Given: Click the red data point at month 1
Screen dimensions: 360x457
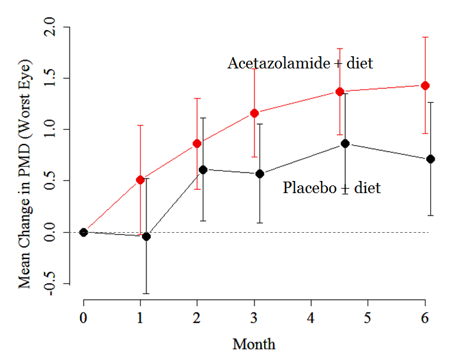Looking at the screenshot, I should coord(141,180).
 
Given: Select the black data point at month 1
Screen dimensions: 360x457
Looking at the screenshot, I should coord(146,237).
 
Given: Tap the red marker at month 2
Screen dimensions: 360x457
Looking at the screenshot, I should coord(198,143).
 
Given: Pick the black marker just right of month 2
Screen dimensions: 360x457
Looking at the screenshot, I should coord(203,169).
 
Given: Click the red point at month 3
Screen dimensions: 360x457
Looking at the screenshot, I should coord(254,113).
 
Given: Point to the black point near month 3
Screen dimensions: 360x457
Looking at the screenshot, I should coord(260,174).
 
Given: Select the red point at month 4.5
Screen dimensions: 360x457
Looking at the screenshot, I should coord(340,91).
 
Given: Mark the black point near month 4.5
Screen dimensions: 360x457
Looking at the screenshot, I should coord(345,143).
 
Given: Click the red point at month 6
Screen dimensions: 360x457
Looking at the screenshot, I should coord(425,86).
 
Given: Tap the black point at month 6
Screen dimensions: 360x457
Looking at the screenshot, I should coord(430,159).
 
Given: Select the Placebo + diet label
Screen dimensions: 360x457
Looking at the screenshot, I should coord(332,188).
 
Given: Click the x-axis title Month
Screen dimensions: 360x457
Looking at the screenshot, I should coord(254,345).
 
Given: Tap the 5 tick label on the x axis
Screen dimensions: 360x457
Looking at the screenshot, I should coord(368,318).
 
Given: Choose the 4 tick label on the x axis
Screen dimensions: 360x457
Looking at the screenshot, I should coord(311,318).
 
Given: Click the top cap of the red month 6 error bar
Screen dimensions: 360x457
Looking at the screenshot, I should coord(425,37).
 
